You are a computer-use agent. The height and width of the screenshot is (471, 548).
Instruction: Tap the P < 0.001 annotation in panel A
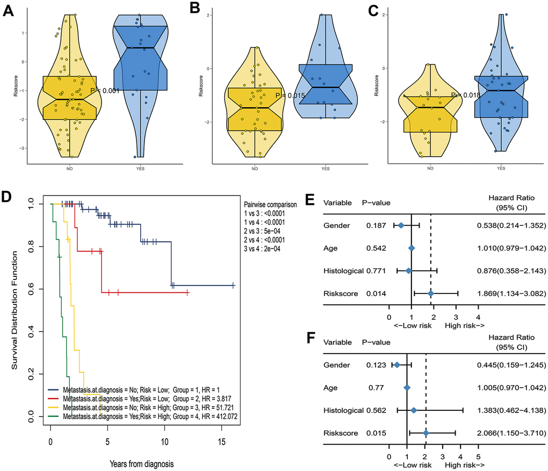coord(105,91)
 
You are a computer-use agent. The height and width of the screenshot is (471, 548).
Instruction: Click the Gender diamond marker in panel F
coord(397,365)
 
